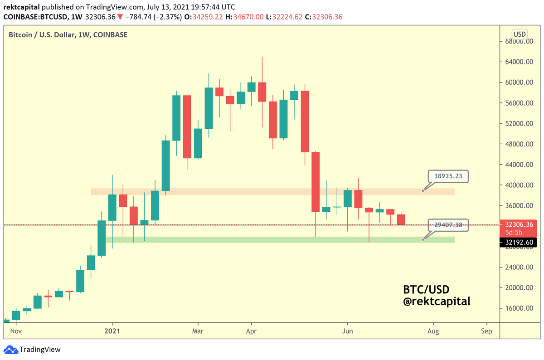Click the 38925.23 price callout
tap(448, 176)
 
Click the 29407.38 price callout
tap(448, 224)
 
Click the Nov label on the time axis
tap(16, 331)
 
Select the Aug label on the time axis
tap(433, 331)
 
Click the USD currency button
tap(519, 34)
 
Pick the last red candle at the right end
tap(401, 219)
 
